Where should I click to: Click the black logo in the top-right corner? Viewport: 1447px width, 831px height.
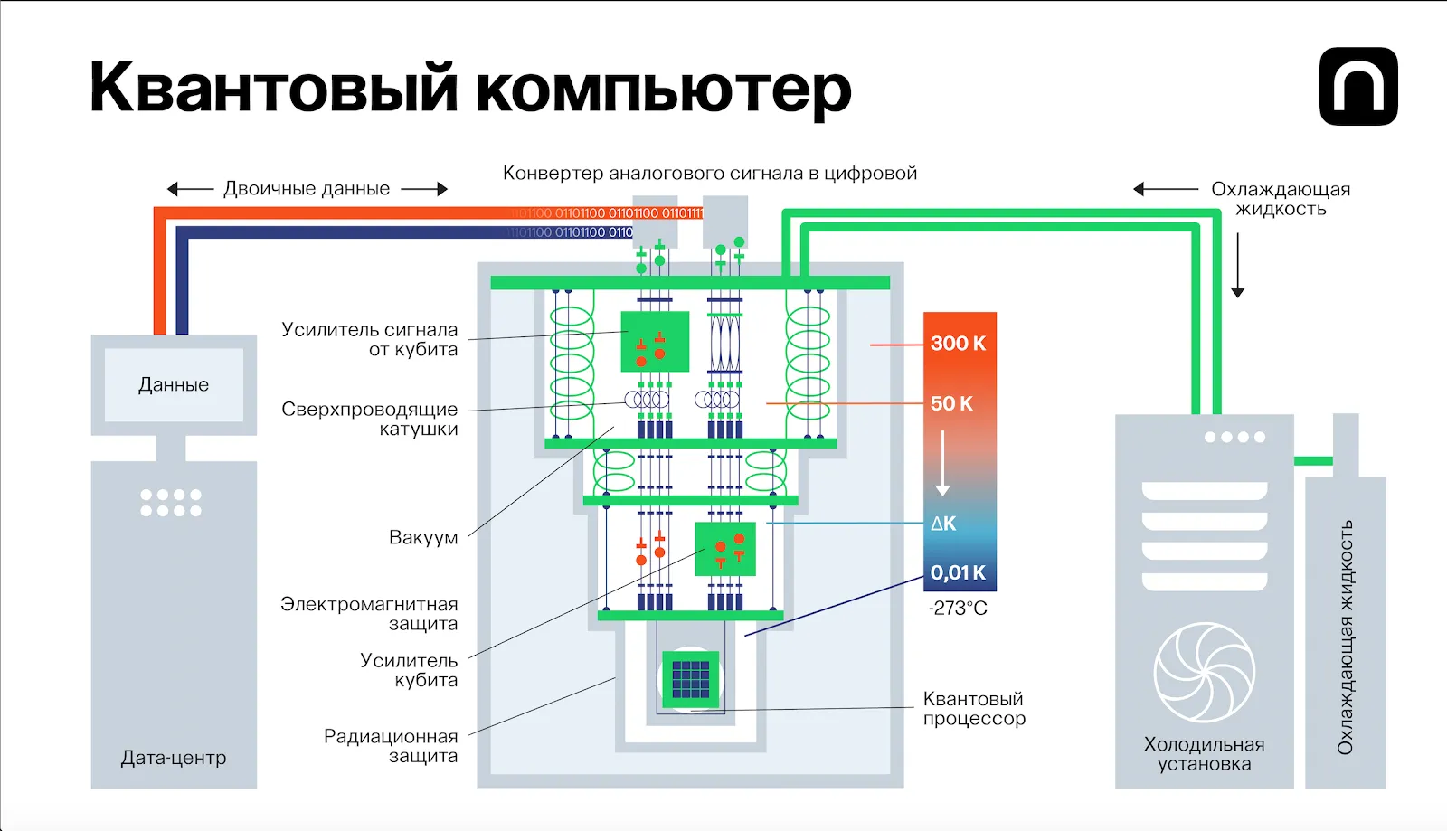pos(1358,87)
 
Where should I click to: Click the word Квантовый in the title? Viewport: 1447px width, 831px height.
pos(274,89)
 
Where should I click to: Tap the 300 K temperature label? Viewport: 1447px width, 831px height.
pos(958,344)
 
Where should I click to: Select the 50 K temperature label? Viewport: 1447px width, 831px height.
pos(951,404)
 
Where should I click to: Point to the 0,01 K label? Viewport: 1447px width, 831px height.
pos(958,572)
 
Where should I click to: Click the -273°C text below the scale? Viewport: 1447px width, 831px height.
pos(958,609)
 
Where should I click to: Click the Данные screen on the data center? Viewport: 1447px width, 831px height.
pos(174,385)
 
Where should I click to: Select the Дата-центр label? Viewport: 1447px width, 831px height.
pos(174,758)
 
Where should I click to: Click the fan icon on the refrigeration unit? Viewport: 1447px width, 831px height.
pos(1204,672)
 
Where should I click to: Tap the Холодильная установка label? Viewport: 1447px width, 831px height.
pos(1204,754)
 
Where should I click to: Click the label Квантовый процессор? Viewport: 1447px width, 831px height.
pos(974,709)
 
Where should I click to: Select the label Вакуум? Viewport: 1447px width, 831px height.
pos(423,538)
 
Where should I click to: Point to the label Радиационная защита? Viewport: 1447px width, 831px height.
pos(391,746)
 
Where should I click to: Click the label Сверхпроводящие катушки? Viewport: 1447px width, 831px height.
pos(369,419)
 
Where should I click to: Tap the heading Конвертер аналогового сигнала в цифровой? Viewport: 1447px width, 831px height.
pos(710,174)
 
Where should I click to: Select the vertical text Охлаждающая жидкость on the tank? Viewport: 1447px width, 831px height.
pos(1345,637)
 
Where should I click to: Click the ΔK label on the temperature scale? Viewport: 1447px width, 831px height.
pos(943,524)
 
